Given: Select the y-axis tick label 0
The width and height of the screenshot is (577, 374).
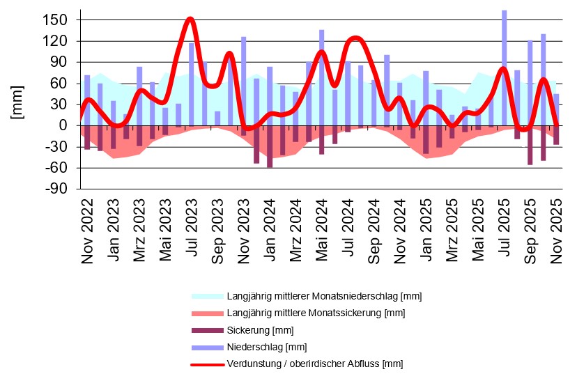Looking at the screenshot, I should tap(63, 125).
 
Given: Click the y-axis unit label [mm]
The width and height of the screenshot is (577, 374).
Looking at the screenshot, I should tap(17, 102).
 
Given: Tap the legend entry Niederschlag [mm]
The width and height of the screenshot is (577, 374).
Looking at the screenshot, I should tap(266, 347).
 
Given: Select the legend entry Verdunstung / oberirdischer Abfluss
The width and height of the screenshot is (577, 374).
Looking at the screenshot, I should tap(314, 364).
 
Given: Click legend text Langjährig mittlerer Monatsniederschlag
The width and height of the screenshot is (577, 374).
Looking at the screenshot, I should tap(324, 297).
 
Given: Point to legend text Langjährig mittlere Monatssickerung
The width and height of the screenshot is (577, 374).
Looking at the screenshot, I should tap(316, 313).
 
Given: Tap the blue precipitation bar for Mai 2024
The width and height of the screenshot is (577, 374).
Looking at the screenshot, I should tap(322, 77).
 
